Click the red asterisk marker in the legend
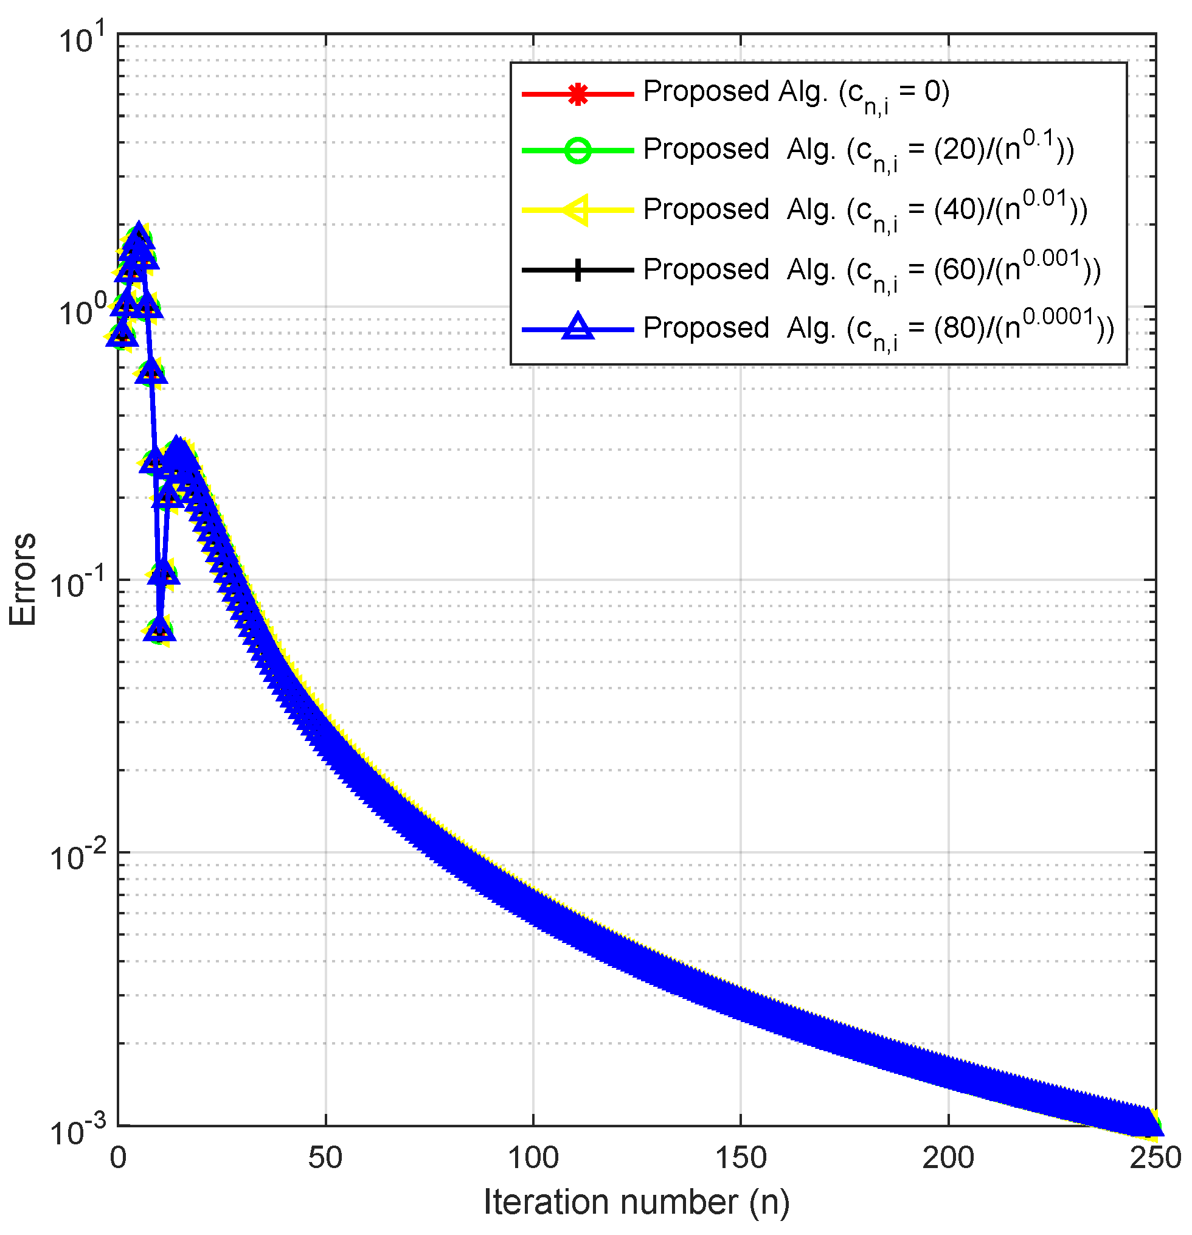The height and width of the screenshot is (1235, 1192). click(x=577, y=94)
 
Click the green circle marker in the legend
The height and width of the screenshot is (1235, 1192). click(x=577, y=151)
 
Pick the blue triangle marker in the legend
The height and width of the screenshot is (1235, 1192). click(x=577, y=329)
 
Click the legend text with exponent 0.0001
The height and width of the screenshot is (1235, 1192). click(x=878, y=329)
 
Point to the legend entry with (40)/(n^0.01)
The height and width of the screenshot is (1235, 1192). click(x=864, y=210)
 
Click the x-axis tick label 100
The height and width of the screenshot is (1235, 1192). click(x=532, y=1158)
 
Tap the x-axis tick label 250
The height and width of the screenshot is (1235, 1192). click(x=1154, y=1158)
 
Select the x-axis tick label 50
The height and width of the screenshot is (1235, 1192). click(x=325, y=1158)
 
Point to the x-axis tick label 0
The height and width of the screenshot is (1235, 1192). click(x=119, y=1158)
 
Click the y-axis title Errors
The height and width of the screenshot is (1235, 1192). click(x=23, y=580)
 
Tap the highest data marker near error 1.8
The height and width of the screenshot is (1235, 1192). click(x=139, y=235)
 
